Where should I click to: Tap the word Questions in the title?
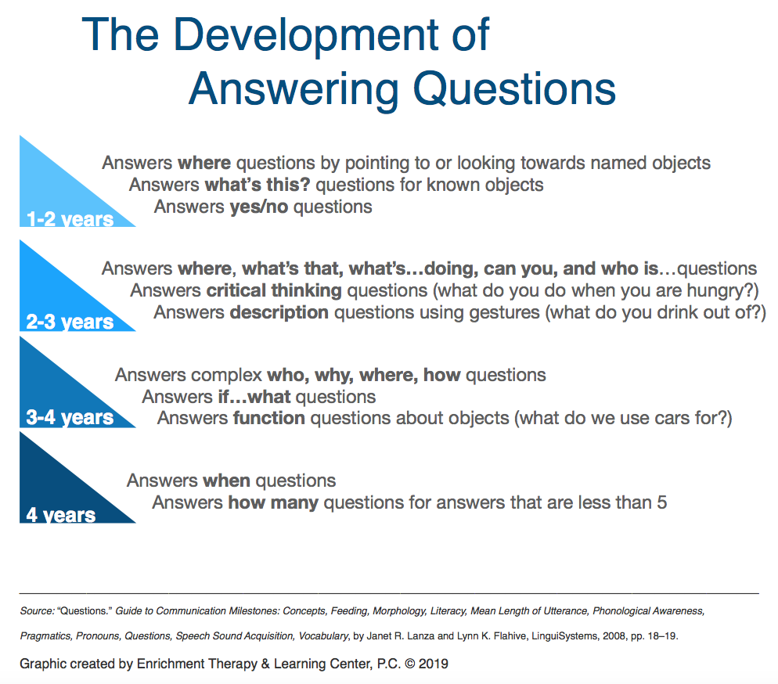click(514, 89)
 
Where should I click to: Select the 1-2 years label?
click(70, 219)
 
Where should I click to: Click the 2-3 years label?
click(70, 322)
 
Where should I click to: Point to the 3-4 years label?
click(70, 417)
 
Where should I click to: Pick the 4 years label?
click(60, 515)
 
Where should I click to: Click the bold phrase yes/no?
click(259, 207)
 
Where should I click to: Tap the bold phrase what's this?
click(258, 185)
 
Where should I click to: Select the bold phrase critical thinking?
click(274, 290)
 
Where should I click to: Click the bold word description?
click(279, 312)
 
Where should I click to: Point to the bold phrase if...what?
click(254, 397)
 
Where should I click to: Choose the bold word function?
click(269, 418)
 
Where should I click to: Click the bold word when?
click(226, 481)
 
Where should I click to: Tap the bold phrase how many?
click(273, 502)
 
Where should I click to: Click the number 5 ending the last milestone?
click(662, 502)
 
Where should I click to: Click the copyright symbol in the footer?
click(409, 664)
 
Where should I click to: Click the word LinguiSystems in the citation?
click(564, 636)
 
